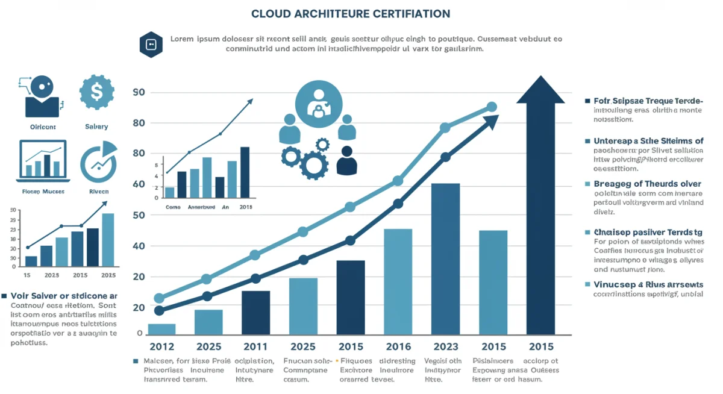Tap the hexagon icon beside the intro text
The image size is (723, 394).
coord(151,44)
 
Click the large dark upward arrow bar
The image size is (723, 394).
coord(540,211)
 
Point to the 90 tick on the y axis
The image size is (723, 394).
coord(139,92)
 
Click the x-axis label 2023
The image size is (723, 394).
coord(446,346)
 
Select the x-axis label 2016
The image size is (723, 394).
coord(398,346)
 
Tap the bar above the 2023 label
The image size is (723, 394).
coord(446,259)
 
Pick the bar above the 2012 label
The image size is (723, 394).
coord(161,329)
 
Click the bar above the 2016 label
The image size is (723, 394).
coord(398,281)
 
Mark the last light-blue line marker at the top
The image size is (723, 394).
coord(492,107)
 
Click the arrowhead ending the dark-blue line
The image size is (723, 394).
coord(492,120)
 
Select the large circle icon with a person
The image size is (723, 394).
coord(319,105)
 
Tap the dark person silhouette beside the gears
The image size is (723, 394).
coord(346,161)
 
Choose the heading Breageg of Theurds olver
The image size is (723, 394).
coord(647,184)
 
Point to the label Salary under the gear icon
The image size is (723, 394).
coord(96,127)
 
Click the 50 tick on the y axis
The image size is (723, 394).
coord(139,215)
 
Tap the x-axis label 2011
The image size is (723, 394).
coord(255,346)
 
